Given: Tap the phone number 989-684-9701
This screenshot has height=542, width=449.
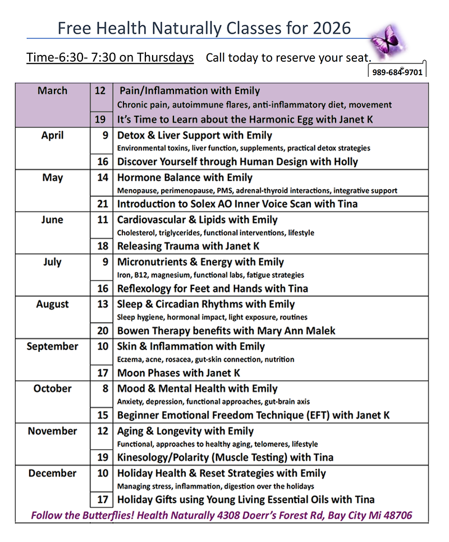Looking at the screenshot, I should pyautogui.click(x=397, y=72).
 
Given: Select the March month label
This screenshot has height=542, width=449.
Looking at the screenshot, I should pyautogui.click(x=52, y=91).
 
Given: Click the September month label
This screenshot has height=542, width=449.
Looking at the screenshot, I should pyautogui.click(x=52, y=346).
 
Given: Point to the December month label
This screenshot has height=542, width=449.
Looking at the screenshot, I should pyautogui.click(x=52, y=473).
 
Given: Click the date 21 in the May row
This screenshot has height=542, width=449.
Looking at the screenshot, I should pyautogui.click(x=102, y=204).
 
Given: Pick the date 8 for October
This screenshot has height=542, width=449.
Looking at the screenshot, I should pyautogui.click(x=103, y=388).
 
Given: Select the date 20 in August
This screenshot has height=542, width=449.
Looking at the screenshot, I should pyautogui.click(x=102, y=330).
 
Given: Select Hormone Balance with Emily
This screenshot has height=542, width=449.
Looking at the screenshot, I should pyautogui.click(x=185, y=178).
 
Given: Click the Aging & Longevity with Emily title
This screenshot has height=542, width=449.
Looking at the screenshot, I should pyautogui.click(x=185, y=431).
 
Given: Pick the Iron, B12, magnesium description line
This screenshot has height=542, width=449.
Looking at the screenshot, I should pyautogui.click(x=210, y=275).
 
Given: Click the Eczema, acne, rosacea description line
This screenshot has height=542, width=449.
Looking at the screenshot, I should pyautogui.click(x=205, y=359).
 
